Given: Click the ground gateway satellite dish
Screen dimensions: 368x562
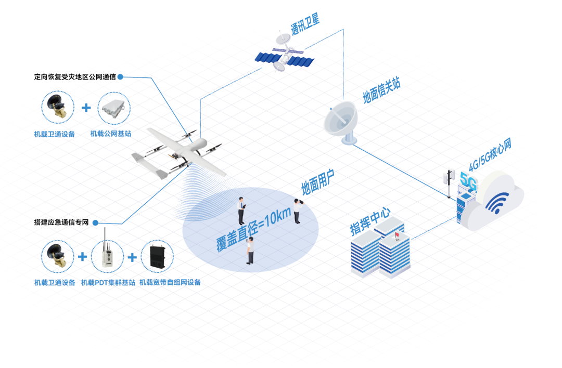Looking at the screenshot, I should pyautogui.click(x=341, y=123).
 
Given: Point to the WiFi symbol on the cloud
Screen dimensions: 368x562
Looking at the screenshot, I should pyautogui.click(x=497, y=203).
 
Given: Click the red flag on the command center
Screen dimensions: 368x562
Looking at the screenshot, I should pyautogui.click(x=397, y=236).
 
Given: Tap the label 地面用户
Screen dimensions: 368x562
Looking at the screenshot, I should pyautogui.click(x=317, y=182).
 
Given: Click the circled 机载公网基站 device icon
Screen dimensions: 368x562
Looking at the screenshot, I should pyautogui.click(x=114, y=108).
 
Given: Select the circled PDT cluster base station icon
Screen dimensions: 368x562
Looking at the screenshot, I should pyautogui.click(x=107, y=257).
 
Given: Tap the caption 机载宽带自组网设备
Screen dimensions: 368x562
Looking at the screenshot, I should pyautogui.click(x=170, y=283).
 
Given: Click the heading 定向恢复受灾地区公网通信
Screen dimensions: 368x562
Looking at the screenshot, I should pyautogui.click(x=74, y=77).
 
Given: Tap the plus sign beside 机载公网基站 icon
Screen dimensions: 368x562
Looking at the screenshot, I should pyautogui.click(x=86, y=108).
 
